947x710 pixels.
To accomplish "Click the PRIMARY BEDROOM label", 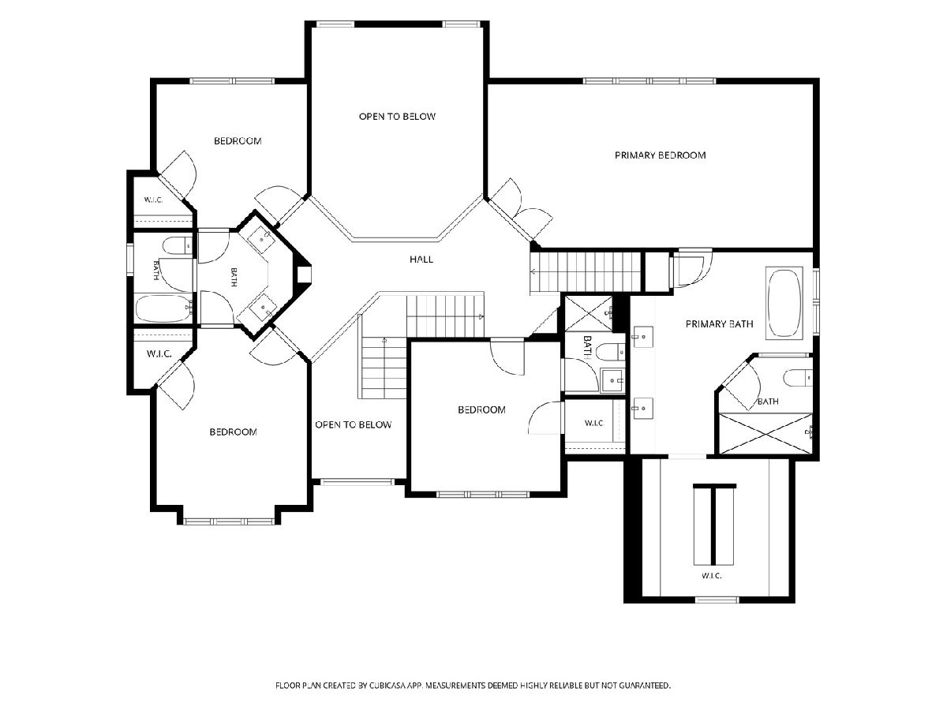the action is (660, 155).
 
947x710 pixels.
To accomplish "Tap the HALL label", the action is (421, 259).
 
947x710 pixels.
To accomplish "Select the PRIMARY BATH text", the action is (719, 323).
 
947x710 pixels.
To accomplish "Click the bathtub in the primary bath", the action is (784, 303).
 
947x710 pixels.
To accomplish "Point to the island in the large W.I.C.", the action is (714, 524).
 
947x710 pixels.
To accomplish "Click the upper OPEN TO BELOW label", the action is (397, 117).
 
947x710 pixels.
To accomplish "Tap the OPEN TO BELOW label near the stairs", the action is (354, 424).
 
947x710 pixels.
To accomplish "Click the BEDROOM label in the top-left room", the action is (238, 141).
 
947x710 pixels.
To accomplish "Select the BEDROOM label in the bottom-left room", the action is (234, 432).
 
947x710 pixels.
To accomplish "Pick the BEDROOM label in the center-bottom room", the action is (481, 409).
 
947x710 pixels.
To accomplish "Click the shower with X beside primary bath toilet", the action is (766, 433).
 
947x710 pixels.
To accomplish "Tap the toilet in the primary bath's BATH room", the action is (798, 378).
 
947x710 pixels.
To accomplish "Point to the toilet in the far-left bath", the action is (178, 245).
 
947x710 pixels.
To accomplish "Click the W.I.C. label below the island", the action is (712, 576).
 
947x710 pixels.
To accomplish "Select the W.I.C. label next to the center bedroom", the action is (594, 424).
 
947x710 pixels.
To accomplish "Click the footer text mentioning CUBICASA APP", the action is (473, 685).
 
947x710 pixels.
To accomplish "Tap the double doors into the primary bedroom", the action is (520, 211).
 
